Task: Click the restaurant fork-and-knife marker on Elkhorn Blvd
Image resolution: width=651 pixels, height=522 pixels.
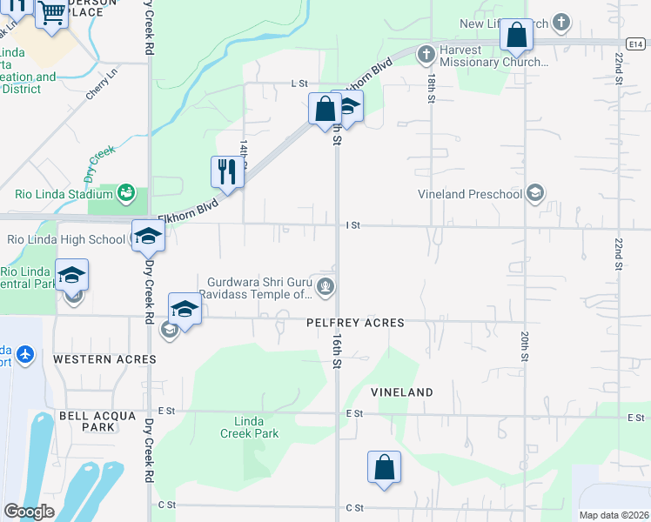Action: pos(227,171)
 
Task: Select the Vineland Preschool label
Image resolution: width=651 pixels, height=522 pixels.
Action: pos(469,193)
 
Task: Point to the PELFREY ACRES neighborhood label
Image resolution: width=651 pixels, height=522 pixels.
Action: pos(355,323)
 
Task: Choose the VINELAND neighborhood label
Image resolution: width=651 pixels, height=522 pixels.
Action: pos(402,392)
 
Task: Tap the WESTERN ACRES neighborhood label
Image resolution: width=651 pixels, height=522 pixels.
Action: pos(104,358)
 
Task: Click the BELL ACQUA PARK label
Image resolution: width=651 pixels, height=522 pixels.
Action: pos(87,421)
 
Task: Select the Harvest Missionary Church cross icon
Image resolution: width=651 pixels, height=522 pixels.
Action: pos(426,55)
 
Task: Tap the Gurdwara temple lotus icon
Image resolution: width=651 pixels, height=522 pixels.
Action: pos(325,286)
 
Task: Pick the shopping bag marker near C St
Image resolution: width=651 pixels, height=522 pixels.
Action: pos(384,467)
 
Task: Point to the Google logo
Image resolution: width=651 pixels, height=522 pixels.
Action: pos(29,512)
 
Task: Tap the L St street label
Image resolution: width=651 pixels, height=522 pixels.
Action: pos(299,84)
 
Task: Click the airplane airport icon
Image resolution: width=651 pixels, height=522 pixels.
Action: pos(24,355)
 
